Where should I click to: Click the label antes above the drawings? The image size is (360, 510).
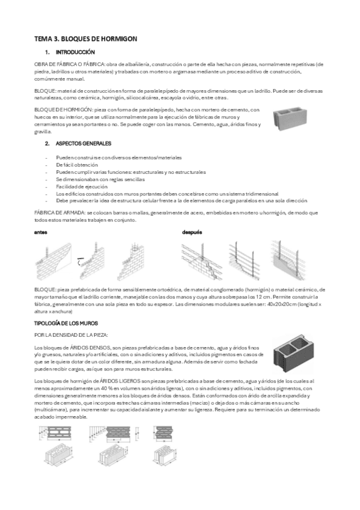click(41, 232)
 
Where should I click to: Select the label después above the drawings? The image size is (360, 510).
click(192, 232)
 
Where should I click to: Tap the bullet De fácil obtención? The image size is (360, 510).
click(76, 164)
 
